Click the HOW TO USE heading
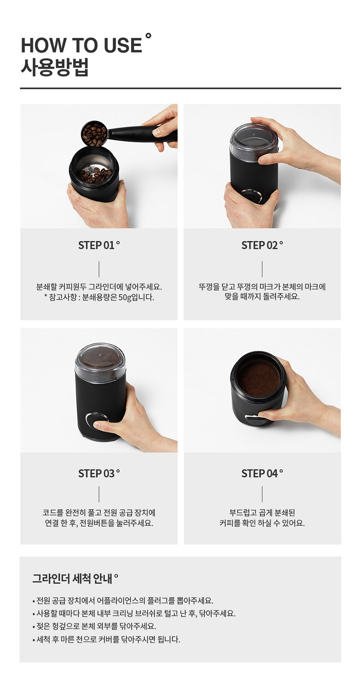tap(81, 45)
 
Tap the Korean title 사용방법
tap(54, 67)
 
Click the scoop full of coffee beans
tap(94, 134)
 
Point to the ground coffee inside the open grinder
tap(259, 380)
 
